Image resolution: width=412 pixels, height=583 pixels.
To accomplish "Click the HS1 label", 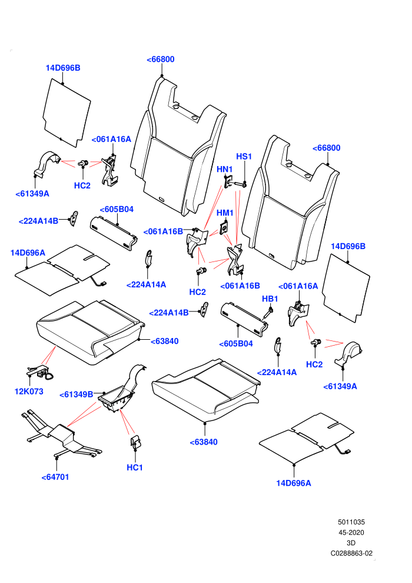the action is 244,157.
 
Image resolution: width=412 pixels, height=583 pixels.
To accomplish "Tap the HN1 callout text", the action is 225,170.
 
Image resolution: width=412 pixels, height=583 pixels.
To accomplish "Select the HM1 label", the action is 225,213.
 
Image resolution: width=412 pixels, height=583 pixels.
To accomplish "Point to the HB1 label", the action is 270,299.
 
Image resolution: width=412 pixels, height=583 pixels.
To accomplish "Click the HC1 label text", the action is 134,468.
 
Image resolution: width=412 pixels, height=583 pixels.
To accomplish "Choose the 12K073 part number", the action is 29,392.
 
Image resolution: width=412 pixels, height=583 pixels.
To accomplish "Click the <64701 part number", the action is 55,477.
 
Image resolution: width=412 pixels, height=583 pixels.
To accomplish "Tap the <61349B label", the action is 76,395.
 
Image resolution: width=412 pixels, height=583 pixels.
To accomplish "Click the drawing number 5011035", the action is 351,522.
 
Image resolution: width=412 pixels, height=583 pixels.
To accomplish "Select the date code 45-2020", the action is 351,532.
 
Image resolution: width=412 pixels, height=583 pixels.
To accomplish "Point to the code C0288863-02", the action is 351,553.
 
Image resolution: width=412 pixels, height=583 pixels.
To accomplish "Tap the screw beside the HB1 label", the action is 268,312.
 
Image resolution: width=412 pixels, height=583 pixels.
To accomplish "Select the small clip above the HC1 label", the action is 135,441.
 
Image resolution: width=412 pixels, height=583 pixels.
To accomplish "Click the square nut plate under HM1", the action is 224,227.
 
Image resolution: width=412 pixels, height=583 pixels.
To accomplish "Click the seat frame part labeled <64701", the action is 61,434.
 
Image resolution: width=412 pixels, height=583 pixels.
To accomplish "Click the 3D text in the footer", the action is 351,543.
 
